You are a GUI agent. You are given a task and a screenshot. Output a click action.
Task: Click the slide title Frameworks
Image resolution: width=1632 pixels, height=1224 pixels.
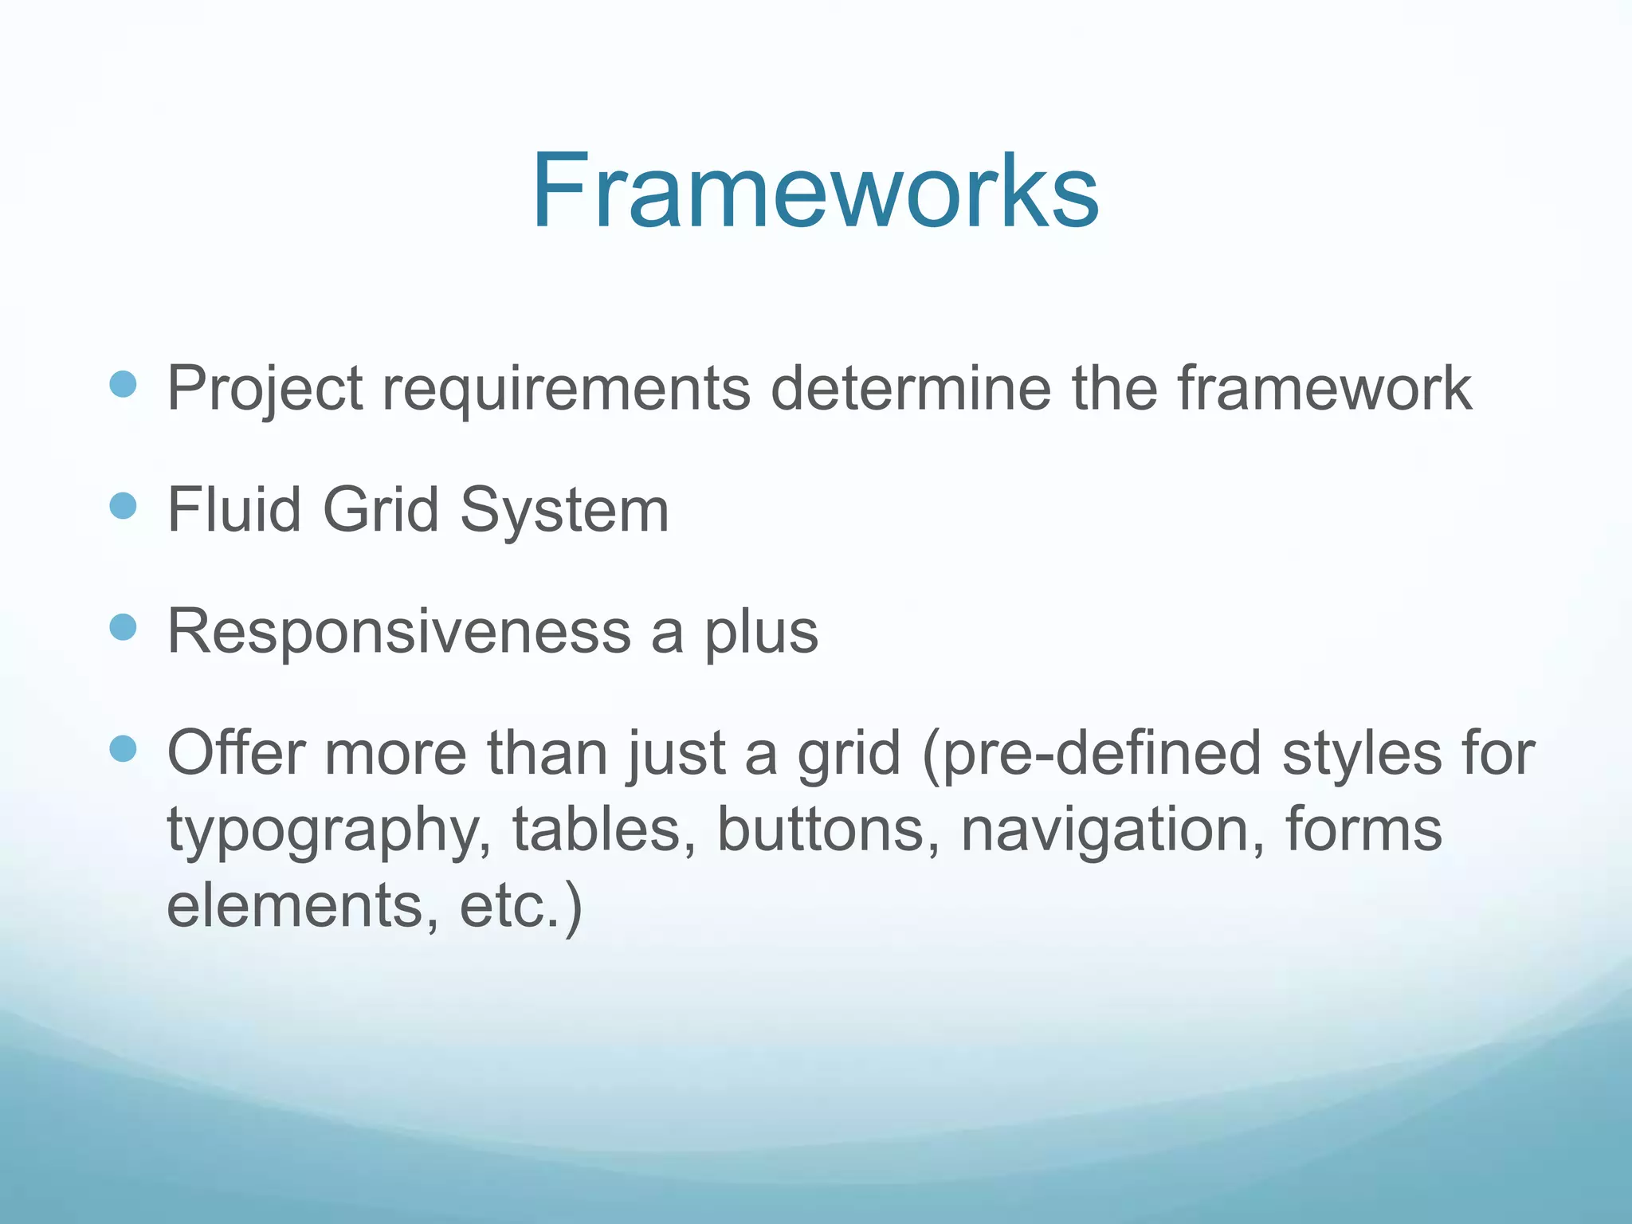click(x=815, y=192)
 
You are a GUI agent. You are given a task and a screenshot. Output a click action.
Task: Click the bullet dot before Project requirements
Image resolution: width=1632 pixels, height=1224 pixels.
click(x=123, y=386)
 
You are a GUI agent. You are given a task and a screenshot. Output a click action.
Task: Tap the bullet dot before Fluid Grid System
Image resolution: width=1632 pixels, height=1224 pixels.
click(x=123, y=506)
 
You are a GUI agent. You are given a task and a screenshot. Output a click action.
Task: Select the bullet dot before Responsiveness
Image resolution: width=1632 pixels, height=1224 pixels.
click(x=123, y=628)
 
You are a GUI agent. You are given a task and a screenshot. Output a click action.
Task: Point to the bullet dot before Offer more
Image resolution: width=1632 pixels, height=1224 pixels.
click(x=123, y=749)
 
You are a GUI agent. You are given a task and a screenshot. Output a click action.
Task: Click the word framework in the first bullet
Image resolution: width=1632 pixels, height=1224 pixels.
click(x=1324, y=388)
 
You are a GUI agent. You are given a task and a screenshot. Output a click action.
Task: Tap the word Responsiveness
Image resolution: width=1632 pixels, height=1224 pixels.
click(x=398, y=632)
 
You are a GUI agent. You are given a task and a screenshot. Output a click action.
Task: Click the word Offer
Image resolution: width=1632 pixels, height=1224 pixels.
click(x=236, y=752)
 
